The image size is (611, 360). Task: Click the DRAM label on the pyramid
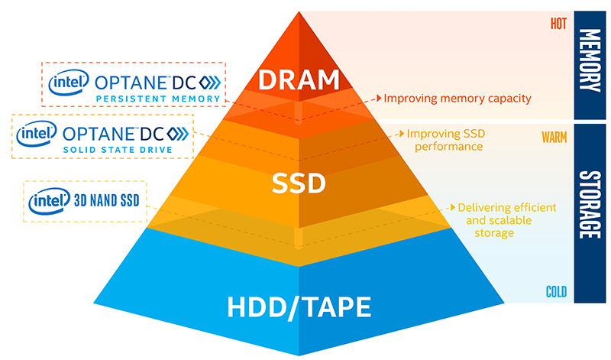pos(298,79)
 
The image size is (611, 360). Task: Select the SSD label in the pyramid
pos(299,184)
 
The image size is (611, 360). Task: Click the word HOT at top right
pos(558,23)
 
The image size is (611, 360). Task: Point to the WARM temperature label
pos(553,138)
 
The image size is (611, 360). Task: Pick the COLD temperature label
pos(555,291)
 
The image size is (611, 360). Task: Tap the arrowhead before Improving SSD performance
pos(401,134)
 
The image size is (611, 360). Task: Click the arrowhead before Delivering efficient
pos(451,206)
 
